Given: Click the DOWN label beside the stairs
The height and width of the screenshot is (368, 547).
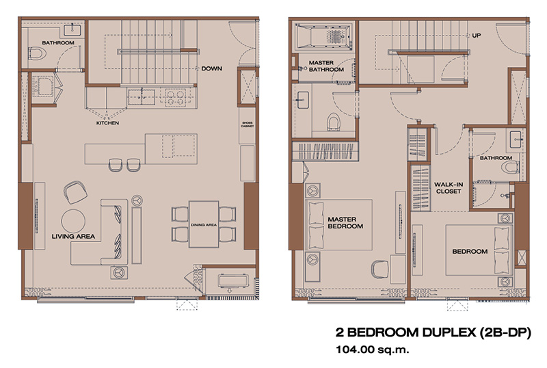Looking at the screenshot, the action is pos(211,68).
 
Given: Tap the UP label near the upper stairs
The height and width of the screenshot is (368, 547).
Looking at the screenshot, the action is pos(476,36).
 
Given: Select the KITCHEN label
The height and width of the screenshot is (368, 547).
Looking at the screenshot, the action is pos(107,123).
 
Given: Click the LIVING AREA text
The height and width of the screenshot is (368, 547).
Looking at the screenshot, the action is pos(73,237).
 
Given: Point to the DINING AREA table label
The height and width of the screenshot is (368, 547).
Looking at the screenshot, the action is pos(204,225).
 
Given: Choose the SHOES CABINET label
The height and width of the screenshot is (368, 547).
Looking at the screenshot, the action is pos(247,124).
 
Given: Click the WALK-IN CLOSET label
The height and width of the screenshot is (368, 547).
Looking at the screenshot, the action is pos(449,188).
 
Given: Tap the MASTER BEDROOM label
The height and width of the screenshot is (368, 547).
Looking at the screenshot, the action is pos(345,223).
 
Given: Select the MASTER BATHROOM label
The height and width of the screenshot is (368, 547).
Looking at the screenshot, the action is pos(326,66).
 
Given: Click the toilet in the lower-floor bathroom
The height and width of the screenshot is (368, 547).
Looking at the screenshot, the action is pos(38,53).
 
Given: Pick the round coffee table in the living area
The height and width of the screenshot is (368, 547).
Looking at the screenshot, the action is pos(73,221).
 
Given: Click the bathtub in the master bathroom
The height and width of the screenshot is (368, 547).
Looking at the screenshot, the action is pos(323,36).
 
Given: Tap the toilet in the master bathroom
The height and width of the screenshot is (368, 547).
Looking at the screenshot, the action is pos(334,122).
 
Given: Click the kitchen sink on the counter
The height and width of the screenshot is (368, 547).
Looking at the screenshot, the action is pos(142,97).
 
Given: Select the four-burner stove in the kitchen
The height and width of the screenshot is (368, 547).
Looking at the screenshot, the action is pos(175,97).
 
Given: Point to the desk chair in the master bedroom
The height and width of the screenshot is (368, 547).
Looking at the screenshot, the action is pos(379,269).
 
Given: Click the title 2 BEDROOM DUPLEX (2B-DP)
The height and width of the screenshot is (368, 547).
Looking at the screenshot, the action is pos(433,332).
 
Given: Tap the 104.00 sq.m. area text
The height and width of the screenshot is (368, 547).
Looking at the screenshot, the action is pos(372,349).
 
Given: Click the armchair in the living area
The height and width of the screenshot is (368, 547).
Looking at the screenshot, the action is pos(75,192).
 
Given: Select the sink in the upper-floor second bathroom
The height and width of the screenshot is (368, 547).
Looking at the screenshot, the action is pos(516,140).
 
